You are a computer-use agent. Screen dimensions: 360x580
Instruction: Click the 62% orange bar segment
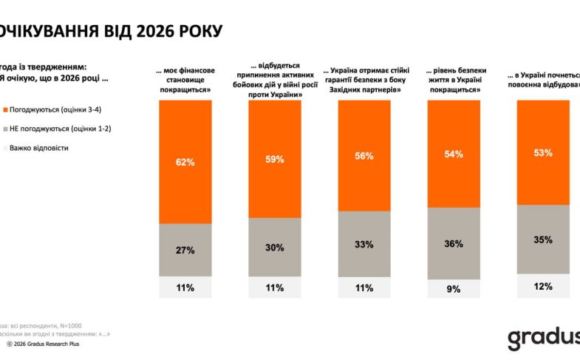coord(185,162)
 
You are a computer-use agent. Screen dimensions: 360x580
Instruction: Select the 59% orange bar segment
coord(275,158)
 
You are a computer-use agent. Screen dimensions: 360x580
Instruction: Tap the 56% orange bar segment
coord(364,156)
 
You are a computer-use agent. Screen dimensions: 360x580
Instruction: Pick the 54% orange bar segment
coord(454,154)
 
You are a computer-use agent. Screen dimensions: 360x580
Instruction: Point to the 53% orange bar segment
coord(543,152)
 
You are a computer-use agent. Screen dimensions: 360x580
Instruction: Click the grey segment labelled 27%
coord(185,250)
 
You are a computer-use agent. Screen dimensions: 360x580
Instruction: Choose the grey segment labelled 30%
coord(275,248)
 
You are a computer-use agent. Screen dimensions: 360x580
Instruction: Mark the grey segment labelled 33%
coord(364,245)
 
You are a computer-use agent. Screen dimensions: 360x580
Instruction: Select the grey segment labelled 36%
coord(454,244)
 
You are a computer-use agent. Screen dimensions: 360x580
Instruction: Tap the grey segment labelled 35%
coord(543,240)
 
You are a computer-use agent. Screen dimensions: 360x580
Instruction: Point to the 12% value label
coord(543,287)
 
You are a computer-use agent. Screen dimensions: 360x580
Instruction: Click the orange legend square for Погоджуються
coord(5,109)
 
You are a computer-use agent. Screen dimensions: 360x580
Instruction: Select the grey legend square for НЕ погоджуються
coord(5,129)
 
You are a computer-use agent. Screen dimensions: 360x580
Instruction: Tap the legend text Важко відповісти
coord(39,148)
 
